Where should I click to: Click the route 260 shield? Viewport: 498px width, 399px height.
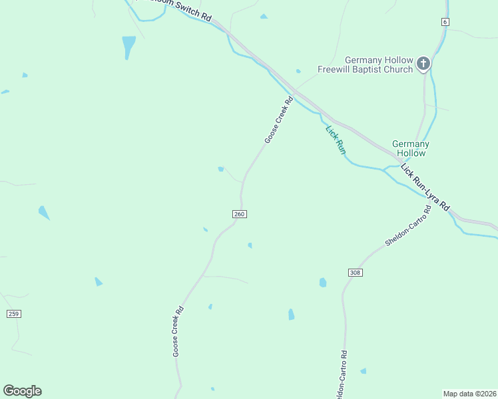(x=240, y=214)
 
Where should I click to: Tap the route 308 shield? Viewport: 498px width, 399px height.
(x=355, y=273)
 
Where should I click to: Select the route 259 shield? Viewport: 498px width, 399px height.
(x=13, y=313)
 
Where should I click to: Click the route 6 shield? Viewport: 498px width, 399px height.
(x=444, y=22)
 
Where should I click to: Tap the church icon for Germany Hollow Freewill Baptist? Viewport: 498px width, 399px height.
(x=423, y=65)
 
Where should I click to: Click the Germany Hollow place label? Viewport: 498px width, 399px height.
(x=411, y=148)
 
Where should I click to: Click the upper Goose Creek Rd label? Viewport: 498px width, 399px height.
(x=279, y=120)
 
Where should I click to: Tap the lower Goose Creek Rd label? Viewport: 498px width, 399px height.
(x=178, y=332)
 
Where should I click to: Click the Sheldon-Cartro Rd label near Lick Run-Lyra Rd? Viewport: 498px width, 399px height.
(x=408, y=227)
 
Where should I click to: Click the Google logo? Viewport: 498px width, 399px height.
(x=22, y=391)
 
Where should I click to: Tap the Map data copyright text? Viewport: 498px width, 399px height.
(x=470, y=393)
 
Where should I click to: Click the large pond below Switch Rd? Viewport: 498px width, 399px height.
(x=128, y=46)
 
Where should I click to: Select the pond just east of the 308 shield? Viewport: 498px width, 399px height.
(x=323, y=283)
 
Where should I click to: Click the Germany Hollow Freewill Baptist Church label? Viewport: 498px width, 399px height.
(x=366, y=65)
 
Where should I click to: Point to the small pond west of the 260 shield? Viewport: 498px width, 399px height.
(x=205, y=229)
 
